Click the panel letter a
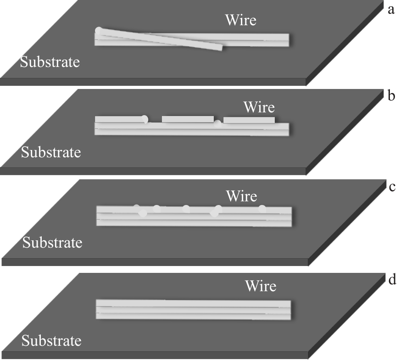click(391, 10)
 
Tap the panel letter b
click(392, 97)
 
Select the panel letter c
click(391, 187)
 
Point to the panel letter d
click(392, 279)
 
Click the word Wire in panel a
click(240, 20)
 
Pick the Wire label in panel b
click(259, 107)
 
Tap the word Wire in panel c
click(241, 196)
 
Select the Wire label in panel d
click(261, 286)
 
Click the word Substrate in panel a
click(50, 62)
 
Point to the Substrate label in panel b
click(51, 152)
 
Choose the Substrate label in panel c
click(52, 242)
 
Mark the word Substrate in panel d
click(51, 341)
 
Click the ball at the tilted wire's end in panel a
click(99, 31)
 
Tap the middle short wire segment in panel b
click(188, 119)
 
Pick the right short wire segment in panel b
click(249, 120)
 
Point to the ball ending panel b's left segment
click(145, 119)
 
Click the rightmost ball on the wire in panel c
click(262, 209)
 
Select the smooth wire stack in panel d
click(193, 310)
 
